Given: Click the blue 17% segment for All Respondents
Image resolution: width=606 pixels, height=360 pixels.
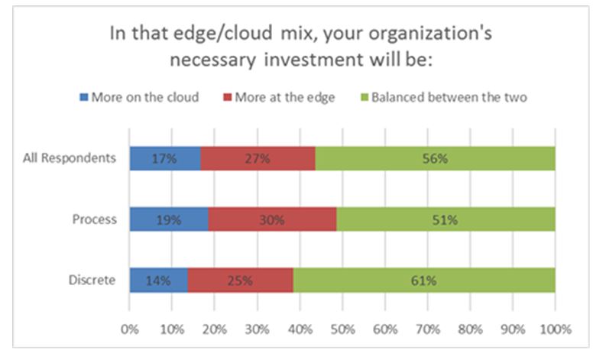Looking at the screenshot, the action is click(x=165, y=158).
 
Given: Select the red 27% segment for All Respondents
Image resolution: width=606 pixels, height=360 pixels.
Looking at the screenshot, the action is click(x=258, y=158).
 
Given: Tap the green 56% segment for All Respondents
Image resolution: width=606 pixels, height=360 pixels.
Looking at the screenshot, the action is click(x=435, y=158).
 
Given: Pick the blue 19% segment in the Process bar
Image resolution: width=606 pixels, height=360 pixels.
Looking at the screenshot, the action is click(x=170, y=219).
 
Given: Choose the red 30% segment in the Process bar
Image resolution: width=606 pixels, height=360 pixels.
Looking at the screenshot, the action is click(x=273, y=219).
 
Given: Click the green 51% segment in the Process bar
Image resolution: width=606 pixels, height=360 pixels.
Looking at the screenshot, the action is click(x=446, y=219).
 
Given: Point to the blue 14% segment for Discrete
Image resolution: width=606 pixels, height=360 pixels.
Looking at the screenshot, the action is click(x=159, y=280).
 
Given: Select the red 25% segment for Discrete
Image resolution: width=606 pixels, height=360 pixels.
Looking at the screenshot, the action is click(x=241, y=280).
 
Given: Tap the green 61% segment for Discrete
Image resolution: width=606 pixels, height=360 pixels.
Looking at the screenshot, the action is click(x=424, y=280).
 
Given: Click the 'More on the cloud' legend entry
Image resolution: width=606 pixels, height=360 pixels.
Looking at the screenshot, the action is click(x=139, y=97).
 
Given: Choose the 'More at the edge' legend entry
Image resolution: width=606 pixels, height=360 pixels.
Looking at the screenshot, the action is click(x=279, y=97).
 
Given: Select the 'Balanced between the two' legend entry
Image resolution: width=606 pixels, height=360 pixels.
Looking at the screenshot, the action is click(x=444, y=97).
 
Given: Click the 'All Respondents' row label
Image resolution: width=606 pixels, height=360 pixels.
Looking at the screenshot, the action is click(x=70, y=157).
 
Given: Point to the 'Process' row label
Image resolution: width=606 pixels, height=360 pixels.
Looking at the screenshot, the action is click(x=94, y=219).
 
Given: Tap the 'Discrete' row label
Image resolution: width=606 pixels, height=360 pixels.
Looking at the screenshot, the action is click(x=92, y=280).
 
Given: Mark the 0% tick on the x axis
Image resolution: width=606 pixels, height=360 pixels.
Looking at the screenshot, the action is click(x=130, y=329).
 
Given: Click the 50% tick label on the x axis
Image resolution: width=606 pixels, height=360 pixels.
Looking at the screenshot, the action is click(x=343, y=329).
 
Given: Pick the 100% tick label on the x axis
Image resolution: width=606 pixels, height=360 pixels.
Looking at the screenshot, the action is click(x=556, y=329).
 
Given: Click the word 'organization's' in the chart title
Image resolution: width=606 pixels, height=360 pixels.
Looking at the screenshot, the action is click(x=430, y=34).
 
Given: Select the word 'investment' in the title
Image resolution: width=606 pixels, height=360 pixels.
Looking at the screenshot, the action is click(x=314, y=60).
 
